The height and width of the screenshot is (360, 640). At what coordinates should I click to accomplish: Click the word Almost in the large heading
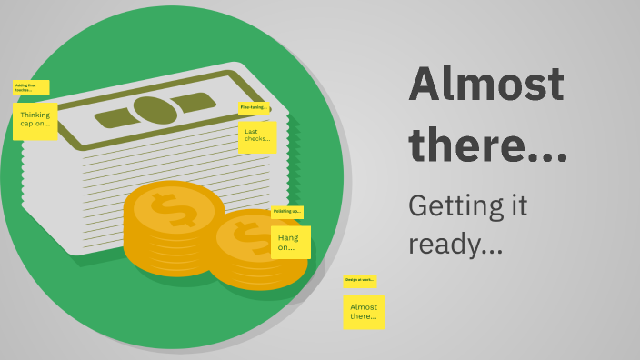point(486,85)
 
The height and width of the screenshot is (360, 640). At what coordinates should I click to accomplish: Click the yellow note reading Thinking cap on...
point(35,121)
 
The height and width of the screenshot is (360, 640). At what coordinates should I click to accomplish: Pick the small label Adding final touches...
point(31,88)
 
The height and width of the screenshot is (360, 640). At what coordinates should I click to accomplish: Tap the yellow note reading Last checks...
point(257,137)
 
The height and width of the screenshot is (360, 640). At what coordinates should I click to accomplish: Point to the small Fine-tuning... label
point(254,107)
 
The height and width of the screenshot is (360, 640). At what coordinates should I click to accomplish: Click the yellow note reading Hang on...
point(290,242)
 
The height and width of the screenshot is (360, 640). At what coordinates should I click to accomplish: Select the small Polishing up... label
point(286,212)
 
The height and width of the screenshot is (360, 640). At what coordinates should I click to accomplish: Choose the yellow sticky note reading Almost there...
point(364,312)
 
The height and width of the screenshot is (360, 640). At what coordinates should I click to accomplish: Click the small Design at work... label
point(359,281)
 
